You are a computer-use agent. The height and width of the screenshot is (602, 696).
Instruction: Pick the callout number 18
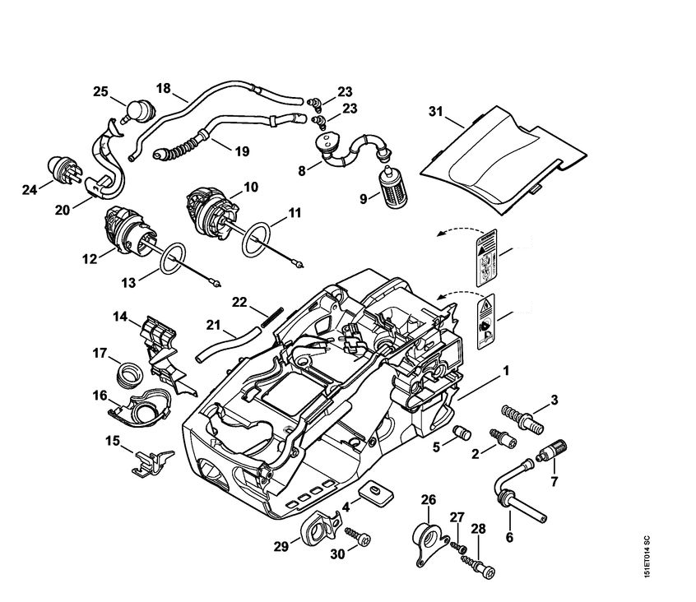point(163,86)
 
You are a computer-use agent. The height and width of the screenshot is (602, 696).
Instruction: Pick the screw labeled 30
point(358,534)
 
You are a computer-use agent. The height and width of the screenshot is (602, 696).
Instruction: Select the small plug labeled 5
point(462,433)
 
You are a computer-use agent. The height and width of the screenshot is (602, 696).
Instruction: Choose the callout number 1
point(506,371)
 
